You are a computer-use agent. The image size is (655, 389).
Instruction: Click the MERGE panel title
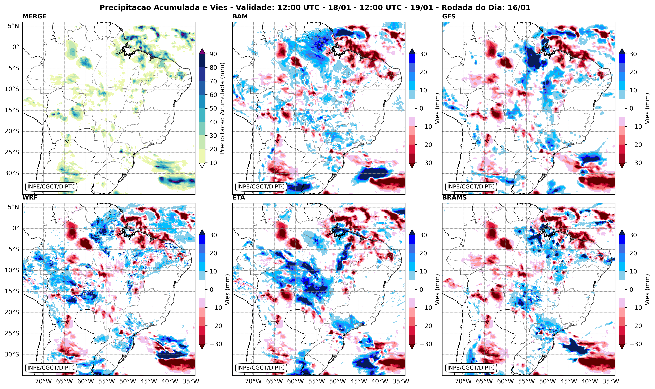[x=34, y=16]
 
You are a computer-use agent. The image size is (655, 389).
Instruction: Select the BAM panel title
[x=240, y=16]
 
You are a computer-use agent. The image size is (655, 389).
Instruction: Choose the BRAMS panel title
[x=454, y=198]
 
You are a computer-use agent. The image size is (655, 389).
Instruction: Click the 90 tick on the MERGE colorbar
[x=213, y=54]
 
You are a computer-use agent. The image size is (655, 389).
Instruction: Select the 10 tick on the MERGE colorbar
[x=213, y=163]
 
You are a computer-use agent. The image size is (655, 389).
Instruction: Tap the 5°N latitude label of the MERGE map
[x=13, y=26]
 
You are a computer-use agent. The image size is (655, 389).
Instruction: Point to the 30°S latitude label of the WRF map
[x=12, y=354]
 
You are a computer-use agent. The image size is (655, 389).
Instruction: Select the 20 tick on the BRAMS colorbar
[x=633, y=253]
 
